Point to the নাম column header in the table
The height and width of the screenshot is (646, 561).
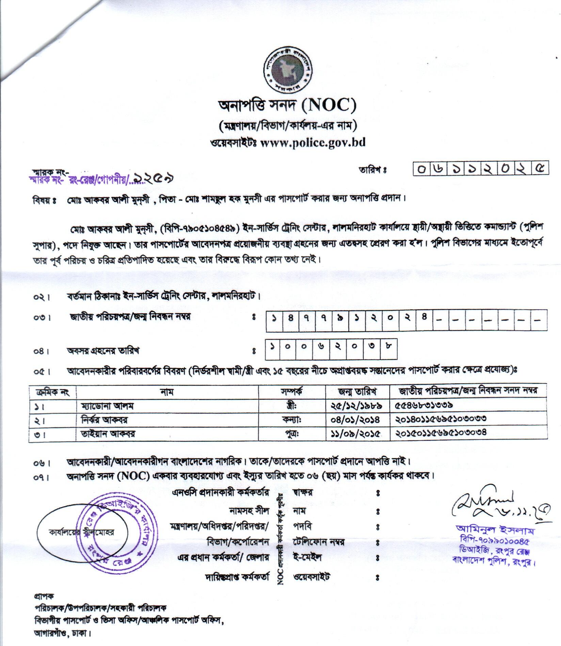[167, 392]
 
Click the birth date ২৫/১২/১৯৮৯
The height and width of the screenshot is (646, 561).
[355, 406]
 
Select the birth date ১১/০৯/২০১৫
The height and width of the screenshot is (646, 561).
[355, 434]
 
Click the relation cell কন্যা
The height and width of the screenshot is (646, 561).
[291, 420]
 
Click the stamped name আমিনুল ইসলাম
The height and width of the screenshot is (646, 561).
[495, 531]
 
